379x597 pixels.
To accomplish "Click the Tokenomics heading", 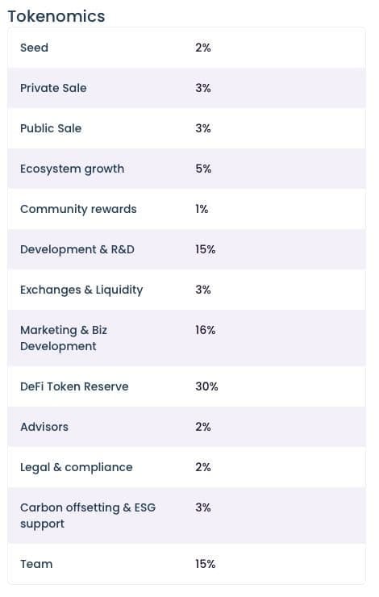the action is point(56,16).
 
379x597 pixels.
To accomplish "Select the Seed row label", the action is point(34,48).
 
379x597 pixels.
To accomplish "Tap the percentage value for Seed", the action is point(203,48).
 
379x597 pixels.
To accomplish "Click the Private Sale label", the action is point(53,88).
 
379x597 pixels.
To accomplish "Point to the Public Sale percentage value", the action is point(203,128).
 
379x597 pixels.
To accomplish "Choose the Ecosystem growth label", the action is point(73,169).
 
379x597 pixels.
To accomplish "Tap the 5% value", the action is point(203,169).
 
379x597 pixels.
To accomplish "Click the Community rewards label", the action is point(78,210).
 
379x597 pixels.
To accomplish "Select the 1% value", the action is point(202,209).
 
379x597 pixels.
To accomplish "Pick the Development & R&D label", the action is point(77,249).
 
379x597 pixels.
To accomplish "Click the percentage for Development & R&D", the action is point(206,249).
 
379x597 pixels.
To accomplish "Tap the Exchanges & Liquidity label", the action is point(81,290).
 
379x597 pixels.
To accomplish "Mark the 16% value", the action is point(206,330).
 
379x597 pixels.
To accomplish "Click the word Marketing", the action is point(48,331).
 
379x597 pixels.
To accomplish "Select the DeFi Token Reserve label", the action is point(74,386).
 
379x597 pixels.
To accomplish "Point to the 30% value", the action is point(207,386).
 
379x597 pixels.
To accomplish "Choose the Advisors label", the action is point(44,427).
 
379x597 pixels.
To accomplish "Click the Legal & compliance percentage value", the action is point(203,467).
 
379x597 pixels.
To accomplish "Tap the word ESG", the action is point(145,507).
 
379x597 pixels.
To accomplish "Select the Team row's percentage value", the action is point(206,564).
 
